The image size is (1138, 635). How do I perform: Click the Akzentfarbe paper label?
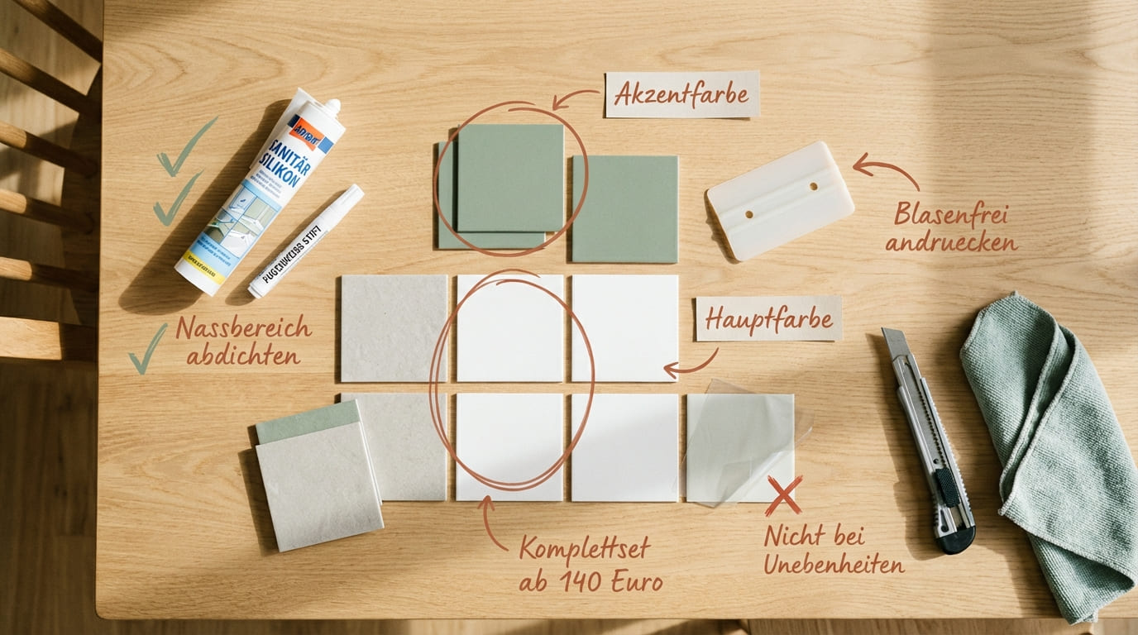tap(682, 94)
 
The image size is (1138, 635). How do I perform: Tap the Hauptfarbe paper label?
tap(768, 318)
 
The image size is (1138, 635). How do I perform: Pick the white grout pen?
tap(305, 241)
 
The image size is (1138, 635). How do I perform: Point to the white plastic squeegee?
tap(780, 201)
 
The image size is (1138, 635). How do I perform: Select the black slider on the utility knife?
tap(947, 488)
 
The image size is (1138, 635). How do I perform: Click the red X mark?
tap(783, 494)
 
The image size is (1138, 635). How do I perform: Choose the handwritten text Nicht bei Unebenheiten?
tap(833, 550)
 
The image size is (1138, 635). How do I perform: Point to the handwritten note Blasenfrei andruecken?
tap(950, 228)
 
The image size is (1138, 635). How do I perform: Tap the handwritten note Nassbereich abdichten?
tap(242, 341)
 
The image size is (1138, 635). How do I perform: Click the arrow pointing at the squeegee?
tap(884, 169)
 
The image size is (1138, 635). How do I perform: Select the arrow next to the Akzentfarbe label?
tap(573, 98)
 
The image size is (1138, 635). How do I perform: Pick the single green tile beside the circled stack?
tap(624, 208)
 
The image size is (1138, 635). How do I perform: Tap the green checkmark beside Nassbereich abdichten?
tap(147, 349)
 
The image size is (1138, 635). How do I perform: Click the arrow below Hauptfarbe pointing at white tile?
tap(691, 366)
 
